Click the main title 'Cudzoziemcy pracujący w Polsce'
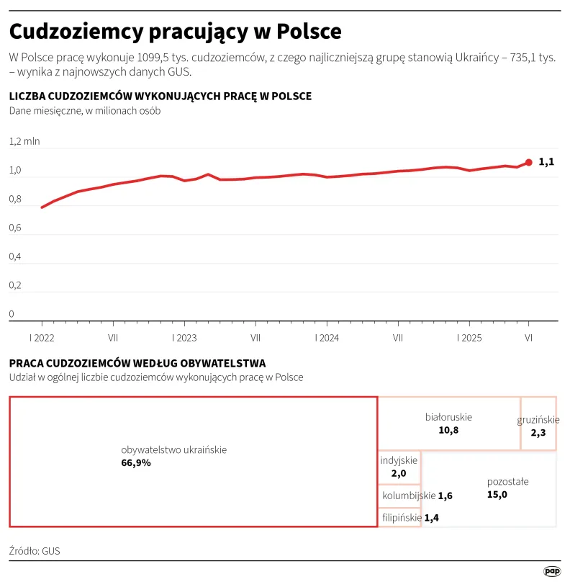point(175,32)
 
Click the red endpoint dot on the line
point(529,162)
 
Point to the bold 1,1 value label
point(546,162)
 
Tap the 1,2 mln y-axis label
point(24,141)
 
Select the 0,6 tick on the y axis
point(16,228)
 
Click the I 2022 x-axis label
point(42,337)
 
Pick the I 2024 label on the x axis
point(327,337)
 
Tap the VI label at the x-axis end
point(529,337)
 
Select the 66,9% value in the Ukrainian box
point(136,463)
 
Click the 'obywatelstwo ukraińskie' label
point(173,449)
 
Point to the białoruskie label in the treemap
point(448,417)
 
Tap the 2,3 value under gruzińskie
point(538,433)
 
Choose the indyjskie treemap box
point(399,467)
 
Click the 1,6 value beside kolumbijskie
point(445,496)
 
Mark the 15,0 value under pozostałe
point(497,494)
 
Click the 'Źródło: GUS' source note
point(35,551)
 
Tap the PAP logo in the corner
point(551,571)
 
